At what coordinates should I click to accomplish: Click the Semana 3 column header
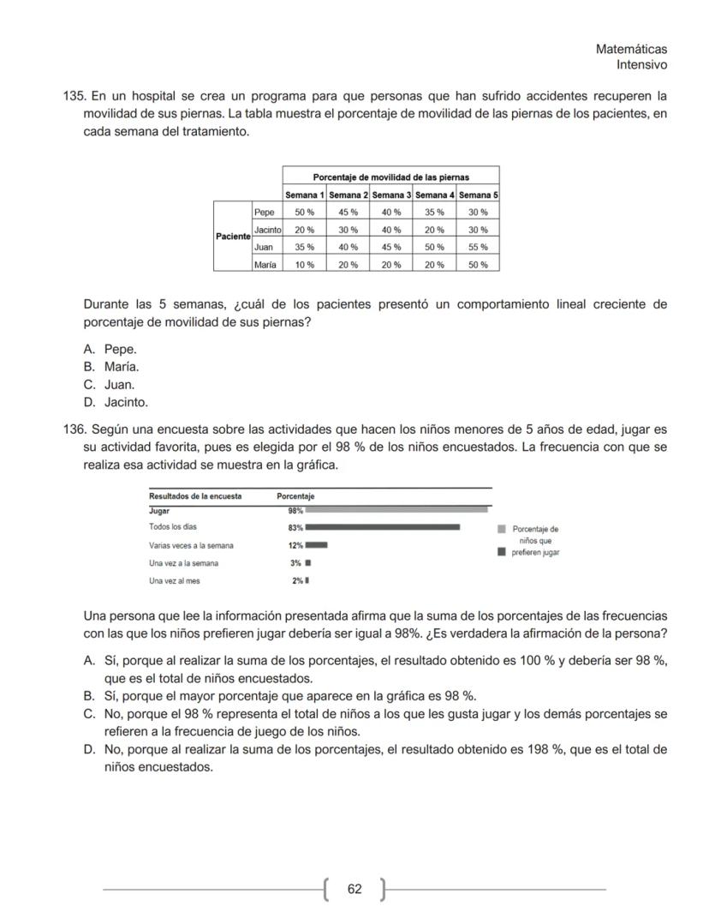[x=391, y=195]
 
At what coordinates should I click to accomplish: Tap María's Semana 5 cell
[x=478, y=265]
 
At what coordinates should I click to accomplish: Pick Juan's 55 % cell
[x=478, y=247]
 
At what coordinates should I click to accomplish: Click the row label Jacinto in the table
[x=267, y=230]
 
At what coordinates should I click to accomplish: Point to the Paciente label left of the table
[x=232, y=236]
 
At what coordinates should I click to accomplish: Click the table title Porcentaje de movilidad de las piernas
[x=390, y=177]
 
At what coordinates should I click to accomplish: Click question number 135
[x=74, y=95]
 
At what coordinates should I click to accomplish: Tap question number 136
[x=74, y=429]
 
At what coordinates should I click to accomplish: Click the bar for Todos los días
[x=382, y=527]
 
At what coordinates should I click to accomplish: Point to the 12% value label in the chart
[x=295, y=545]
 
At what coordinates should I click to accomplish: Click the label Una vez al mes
[x=174, y=580]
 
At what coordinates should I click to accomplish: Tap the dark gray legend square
[x=502, y=552]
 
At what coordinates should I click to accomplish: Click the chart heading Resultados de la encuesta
[x=195, y=495]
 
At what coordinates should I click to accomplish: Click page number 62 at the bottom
[x=354, y=889]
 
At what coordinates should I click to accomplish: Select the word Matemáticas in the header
[x=631, y=50]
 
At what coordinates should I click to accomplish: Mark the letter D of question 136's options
[x=88, y=749]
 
